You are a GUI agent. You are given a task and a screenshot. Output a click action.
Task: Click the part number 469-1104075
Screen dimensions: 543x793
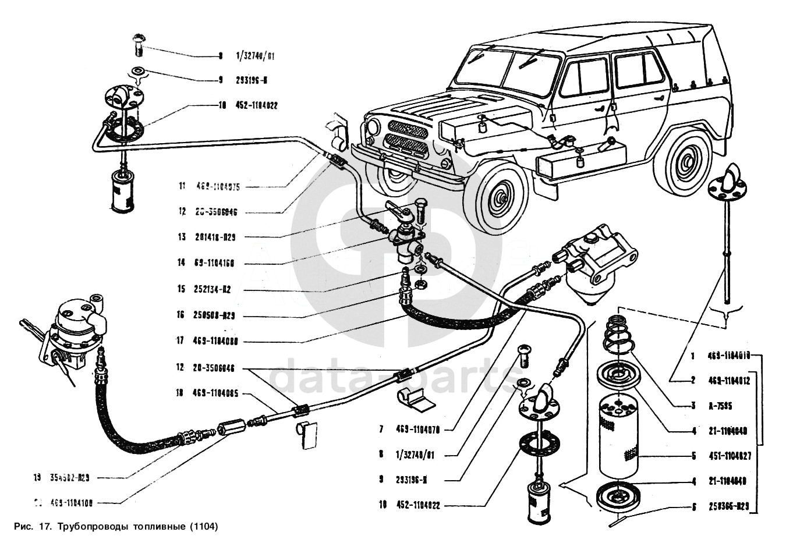pyautogui.click(x=218, y=187)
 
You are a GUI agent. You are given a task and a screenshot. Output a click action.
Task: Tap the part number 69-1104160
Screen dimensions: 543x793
pyautogui.click(x=214, y=263)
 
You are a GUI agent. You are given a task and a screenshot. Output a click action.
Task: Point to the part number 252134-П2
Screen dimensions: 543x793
pyautogui.click(x=213, y=290)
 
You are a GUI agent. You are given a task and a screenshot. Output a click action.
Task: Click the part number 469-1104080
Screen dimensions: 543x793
pyautogui.click(x=217, y=342)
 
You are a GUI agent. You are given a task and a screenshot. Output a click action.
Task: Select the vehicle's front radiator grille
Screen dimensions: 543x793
pyautogui.click(x=405, y=136)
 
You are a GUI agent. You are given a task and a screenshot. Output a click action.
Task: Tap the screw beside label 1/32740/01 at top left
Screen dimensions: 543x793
pyautogui.click(x=138, y=44)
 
